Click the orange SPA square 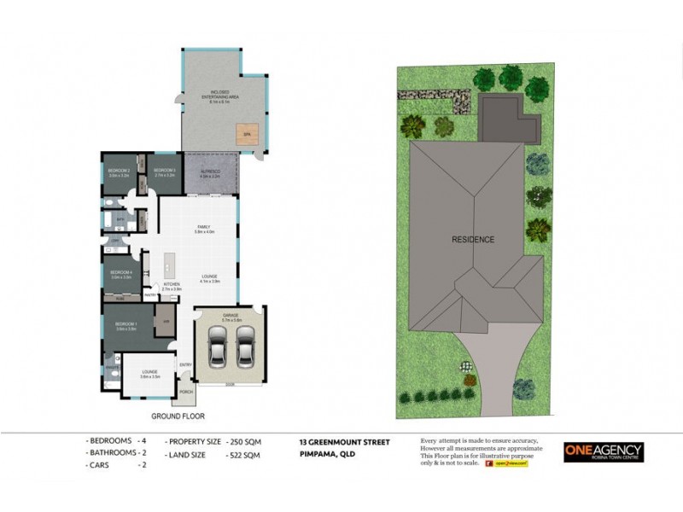click(248, 134)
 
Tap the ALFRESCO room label click(210, 173)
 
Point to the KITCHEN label click(172, 286)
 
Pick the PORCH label click(186, 393)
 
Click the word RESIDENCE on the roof click(473, 240)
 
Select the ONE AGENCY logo click(603, 452)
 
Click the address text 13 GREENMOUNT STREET click(344, 442)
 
